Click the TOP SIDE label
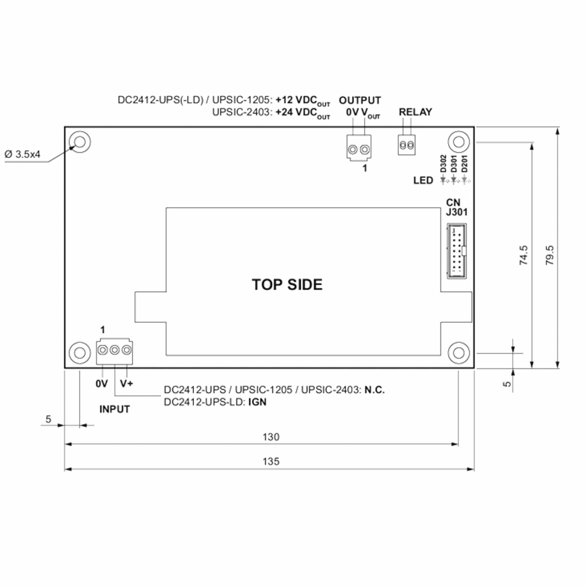pos(287,284)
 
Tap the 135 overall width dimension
pos(271,461)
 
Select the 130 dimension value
pos(271,437)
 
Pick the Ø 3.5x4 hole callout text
pos(22,154)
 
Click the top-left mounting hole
pos(80,142)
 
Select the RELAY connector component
pos(407,145)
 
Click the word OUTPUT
pos(360,100)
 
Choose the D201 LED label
pos(464,164)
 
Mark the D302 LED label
pos(443,164)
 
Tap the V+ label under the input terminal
pos(126,383)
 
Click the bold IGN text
pos(257,402)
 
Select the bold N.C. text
pos(374,389)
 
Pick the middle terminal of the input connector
pos(114,350)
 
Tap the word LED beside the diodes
pos(423,180)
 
